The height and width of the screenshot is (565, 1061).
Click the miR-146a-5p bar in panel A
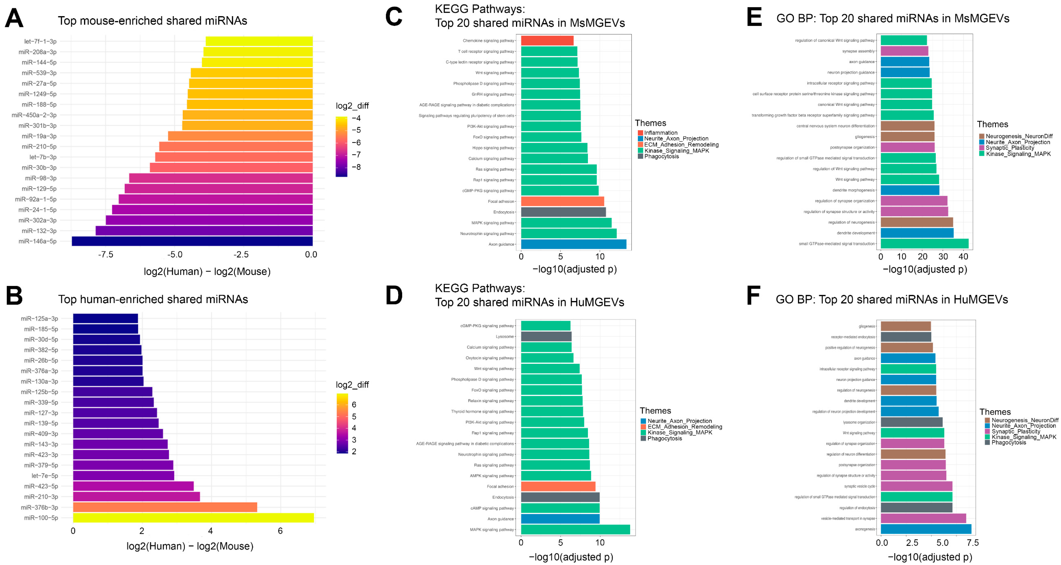pos(192,241)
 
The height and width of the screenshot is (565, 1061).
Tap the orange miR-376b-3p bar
pos(165,507)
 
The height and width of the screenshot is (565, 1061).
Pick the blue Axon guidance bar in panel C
pos(573,244)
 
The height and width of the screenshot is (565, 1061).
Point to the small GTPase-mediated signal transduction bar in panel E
pos(924,244)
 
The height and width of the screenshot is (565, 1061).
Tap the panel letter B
pos(14,296)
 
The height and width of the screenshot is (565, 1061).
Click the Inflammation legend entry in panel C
pos(660,133)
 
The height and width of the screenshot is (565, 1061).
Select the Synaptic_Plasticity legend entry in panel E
pos(1009,148)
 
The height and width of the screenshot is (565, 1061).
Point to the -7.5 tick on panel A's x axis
pos(106,255)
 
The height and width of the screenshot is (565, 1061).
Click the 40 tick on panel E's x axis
pos(963,257)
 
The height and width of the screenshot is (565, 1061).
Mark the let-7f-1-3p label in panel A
pos(40,41)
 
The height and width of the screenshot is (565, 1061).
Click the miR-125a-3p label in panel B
pos(40,318)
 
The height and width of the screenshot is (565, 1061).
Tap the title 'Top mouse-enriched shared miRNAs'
pos(152,21)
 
